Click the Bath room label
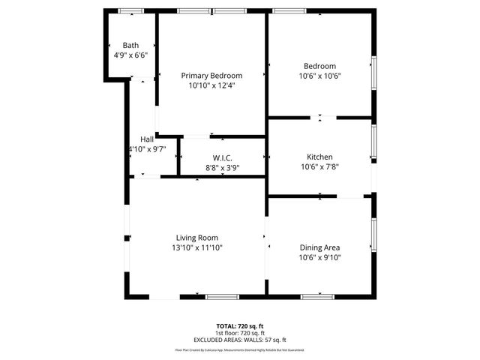[130, 45]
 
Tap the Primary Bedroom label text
[211, 76]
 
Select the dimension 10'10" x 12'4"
[211, 85]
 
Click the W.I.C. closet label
[222, 157]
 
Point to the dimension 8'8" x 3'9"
[222, 167]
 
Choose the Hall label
[147, 139]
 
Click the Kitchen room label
[319, 157]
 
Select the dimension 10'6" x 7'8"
[319, 166]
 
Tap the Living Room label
[197, 238]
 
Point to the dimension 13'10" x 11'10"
[197, 247]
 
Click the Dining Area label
[320, 247]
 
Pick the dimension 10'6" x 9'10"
[320, 257]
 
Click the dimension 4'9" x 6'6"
[130, 55]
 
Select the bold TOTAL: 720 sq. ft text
[240, 326]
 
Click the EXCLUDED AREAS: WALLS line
[240, 340]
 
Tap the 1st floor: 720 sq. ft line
[240, 333]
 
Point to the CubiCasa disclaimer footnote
[240, 349]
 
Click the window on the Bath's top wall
[131, 10]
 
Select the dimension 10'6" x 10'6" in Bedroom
[319, 76]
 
